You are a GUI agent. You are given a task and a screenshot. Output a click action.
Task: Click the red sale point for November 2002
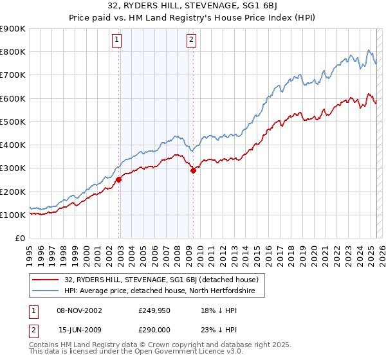[x=119, y=180]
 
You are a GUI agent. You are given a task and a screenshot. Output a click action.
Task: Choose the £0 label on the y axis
[x=19, y=239]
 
